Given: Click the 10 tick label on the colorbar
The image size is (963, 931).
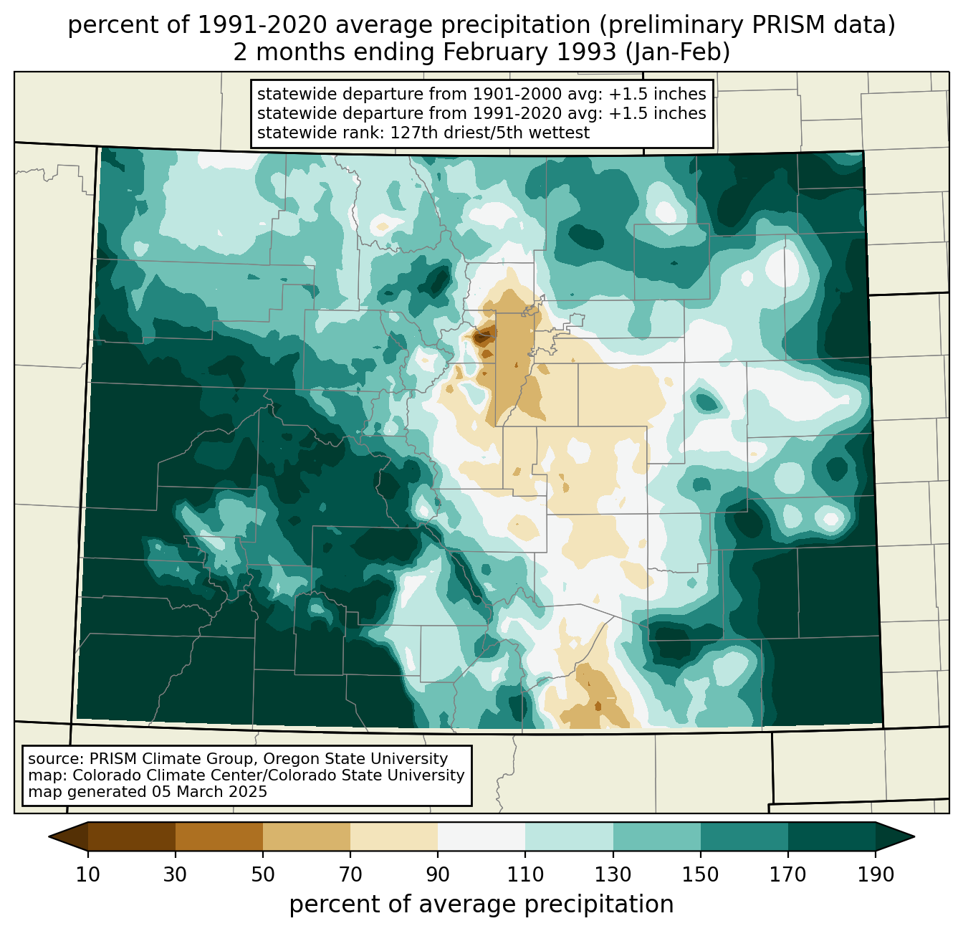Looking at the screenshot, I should coord(88,875).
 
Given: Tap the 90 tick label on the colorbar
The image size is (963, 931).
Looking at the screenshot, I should coord(438,875).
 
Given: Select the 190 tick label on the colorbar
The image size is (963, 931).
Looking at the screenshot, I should coord(876,875).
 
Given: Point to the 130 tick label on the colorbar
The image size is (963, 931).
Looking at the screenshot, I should coord(613,875).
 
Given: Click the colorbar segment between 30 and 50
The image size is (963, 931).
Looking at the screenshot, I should coord(219,836).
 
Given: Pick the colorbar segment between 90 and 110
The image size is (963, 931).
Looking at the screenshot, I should coord(481,836).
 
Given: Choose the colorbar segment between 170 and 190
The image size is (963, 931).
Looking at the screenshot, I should coord(832,836).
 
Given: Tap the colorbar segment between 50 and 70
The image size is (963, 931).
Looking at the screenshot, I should coord(307,836).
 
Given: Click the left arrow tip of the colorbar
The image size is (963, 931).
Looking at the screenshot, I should coord(50,836).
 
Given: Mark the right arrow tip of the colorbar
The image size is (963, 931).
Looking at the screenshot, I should coord(913,836).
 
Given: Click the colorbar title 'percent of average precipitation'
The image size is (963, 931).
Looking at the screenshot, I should coord(481,904).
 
